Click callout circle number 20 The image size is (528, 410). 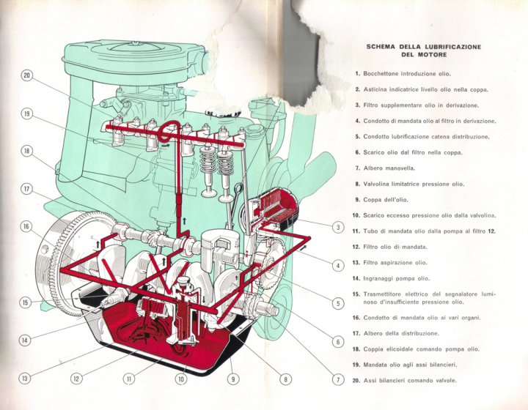coord(27,75)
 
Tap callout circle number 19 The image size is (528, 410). coord(27,113)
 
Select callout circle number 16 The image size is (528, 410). coord(27,227)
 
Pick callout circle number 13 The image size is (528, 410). coord(25,379)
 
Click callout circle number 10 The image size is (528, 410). coord(181,379)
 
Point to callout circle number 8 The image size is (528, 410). coord(286,379)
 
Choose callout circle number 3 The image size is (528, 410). coord(338,227)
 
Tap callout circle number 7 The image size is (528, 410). coord(338,379)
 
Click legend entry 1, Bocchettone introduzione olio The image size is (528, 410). coord(407,74)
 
